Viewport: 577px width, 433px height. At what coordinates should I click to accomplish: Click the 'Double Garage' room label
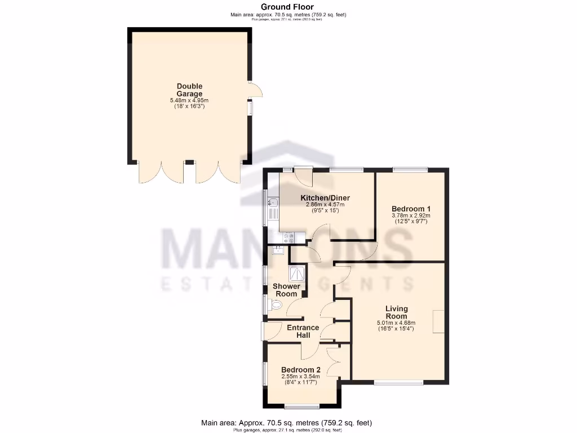pos(189,90)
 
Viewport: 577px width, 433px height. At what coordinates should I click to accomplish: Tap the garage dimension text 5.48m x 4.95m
pos(189,100)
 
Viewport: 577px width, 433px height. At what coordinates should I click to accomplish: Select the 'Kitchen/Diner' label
pos(325,198)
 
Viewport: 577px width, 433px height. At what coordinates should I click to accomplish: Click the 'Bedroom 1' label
pos(410,209)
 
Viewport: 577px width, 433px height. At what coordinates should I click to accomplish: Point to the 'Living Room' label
pos(396,312)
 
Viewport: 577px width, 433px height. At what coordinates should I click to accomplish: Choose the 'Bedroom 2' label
pos(300,370)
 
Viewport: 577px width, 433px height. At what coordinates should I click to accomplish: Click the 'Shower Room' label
pos(286,290)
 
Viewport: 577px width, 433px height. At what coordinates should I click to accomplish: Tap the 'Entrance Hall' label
pos(303,332)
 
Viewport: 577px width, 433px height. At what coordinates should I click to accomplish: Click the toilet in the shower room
pos(274,305)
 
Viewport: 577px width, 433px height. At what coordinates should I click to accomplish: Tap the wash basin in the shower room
pos(277,251)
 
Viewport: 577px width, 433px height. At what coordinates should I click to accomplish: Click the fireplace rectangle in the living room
pos(438,321)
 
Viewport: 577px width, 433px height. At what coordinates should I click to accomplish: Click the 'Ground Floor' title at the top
pos(287,7)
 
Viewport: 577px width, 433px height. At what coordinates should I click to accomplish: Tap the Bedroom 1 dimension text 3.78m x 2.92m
pos(410,215)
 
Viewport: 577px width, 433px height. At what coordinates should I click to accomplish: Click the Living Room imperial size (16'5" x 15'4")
pos(396,329)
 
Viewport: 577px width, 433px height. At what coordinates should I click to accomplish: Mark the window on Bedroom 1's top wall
pos(410,169)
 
